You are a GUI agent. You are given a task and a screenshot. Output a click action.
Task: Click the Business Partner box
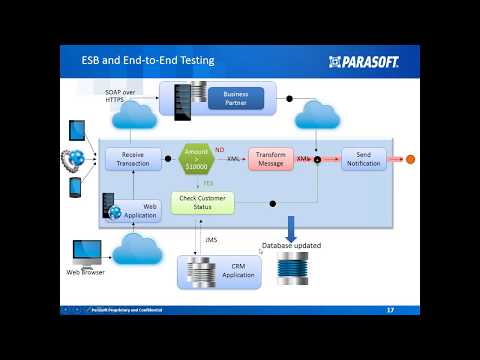point(236,98)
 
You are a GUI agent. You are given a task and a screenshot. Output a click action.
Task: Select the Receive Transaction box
point(133,158)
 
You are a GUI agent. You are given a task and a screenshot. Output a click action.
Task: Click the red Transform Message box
point(271,158)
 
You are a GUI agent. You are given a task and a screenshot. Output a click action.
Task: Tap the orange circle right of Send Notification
point(409,158)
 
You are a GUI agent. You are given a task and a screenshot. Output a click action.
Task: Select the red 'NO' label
point(219,149)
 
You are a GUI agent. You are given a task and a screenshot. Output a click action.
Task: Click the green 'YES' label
point(207,183)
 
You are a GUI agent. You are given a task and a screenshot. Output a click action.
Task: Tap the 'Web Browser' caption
point(86,272)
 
